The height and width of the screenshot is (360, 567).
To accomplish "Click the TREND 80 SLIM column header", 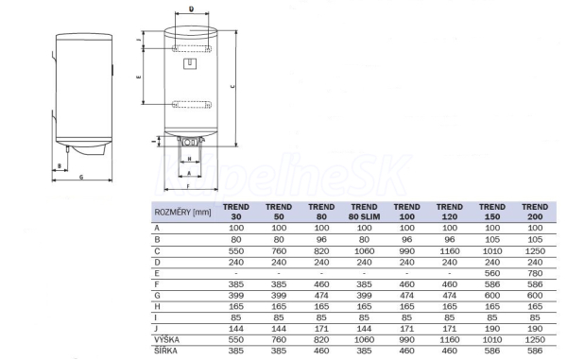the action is point(364,212).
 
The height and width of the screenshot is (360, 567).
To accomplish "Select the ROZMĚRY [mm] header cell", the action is point(182,213).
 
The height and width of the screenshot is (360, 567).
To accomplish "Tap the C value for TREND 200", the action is point(535,251).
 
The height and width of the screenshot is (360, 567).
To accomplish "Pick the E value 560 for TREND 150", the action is point(492,273).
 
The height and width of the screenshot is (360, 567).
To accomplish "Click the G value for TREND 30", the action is point(236,296).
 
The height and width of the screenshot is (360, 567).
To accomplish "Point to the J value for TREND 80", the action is point(321,329).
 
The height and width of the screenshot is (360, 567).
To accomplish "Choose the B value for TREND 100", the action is point(406,240).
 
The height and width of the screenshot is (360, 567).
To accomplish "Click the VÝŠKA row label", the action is point(166,339).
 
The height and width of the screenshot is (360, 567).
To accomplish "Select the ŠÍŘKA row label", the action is point(166,351).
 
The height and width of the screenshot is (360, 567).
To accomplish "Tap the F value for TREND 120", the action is point(450,284).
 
